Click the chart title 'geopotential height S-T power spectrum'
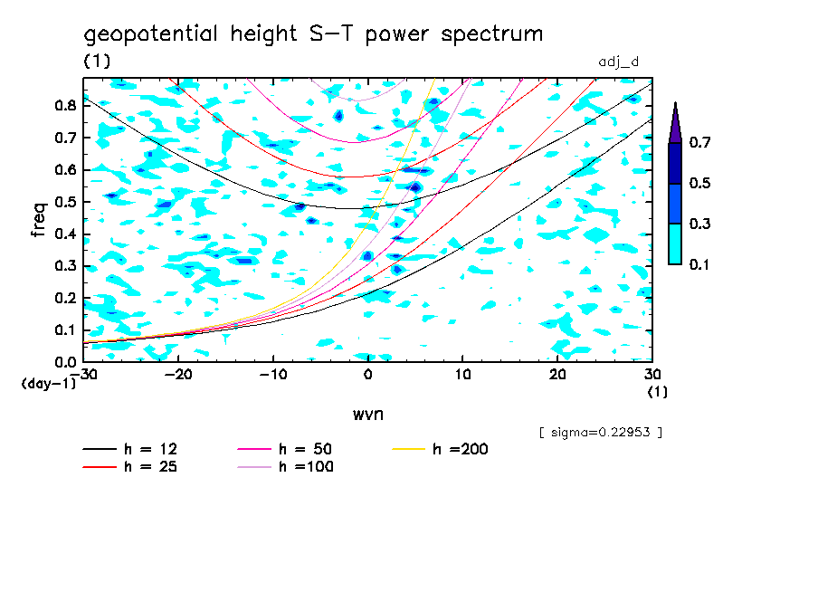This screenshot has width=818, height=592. tap(313, 34)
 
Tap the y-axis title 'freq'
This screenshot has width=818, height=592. tap(38, 219)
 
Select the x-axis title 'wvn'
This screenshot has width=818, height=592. tap(367, 414)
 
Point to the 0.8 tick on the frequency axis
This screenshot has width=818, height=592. tap(63, 105)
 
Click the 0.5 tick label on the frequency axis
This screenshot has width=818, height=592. tap(63, 202)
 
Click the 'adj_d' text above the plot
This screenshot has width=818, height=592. tap(619, 62)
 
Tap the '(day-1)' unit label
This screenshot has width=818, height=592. tap(49, 384)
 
